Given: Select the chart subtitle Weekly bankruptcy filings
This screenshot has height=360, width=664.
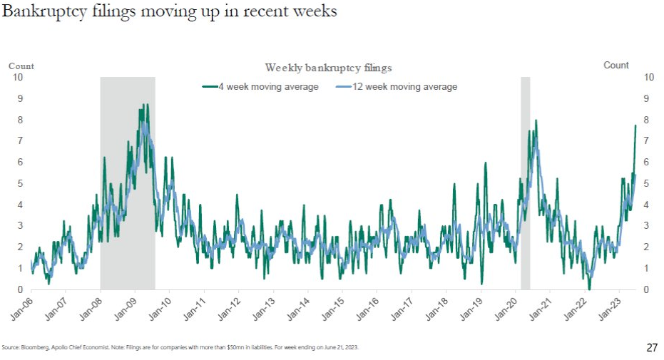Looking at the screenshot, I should click(x=328, y=68).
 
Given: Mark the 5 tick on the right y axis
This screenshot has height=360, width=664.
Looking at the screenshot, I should click(x=646, y=183).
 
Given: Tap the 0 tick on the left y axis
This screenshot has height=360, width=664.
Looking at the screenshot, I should click(x=20, y=289).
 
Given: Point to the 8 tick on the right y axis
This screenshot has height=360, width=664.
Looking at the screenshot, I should click(x=646, y=120).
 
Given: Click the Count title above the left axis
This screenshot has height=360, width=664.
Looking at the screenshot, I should click(x=21, y=66).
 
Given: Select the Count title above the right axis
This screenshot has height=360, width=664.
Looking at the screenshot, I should click(x=616, y=65).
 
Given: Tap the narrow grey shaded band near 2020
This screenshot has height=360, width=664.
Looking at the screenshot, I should click(x=526, y=178).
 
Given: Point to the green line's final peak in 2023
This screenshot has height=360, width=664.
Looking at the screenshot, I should click(x=635, y=125).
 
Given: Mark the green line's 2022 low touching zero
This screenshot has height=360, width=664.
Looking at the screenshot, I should click(x=589, y=289).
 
